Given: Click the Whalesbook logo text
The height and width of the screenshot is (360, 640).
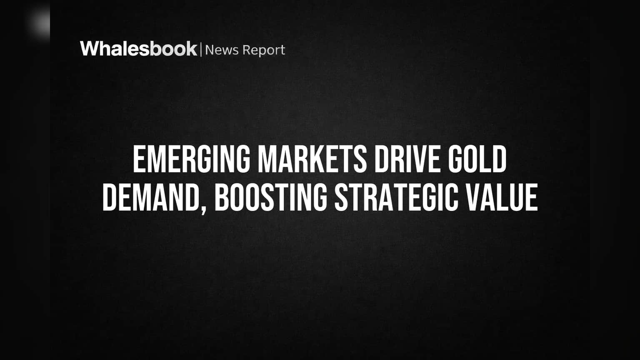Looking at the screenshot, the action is coord(139,49).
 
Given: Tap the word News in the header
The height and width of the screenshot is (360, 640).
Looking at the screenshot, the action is coord(222,50).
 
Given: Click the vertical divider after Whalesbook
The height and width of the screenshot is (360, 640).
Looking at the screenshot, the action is coord(201,50).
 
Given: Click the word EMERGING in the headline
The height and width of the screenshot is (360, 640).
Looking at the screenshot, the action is coord(191,159).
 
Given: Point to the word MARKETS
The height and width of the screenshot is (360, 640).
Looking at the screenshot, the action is coord(312,159).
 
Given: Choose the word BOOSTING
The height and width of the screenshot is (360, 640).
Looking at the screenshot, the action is coord(270,197).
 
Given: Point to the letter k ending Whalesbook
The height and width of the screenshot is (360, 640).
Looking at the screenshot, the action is coord(191,49).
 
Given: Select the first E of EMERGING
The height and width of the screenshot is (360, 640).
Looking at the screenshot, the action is coord(139,159).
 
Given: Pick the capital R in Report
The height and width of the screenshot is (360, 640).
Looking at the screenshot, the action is coord(247,50).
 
